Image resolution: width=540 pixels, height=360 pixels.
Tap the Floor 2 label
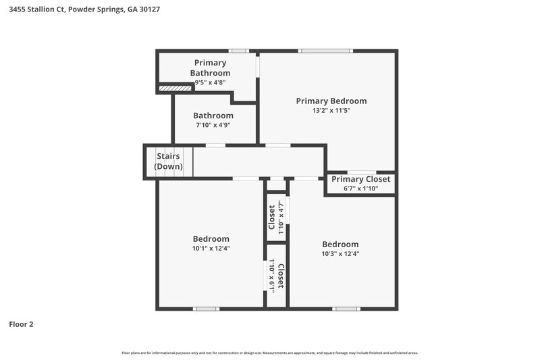(21, 324)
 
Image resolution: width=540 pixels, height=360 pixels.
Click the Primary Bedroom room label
(331, 101)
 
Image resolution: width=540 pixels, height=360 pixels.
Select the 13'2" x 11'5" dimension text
(331, 110)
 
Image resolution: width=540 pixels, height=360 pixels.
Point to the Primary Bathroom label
(210, 68)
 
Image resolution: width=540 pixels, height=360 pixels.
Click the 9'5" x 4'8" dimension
(210, 82)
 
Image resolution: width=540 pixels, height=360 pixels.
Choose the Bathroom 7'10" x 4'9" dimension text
(213, 125)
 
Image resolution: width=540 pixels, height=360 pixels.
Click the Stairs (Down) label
(168, 161)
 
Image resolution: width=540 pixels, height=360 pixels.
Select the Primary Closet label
(360, 179)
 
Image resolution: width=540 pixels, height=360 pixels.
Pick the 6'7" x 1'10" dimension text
(360, 188)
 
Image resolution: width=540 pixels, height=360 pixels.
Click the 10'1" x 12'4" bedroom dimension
(211, 248)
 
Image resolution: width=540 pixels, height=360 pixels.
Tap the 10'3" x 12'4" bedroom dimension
(340, 254)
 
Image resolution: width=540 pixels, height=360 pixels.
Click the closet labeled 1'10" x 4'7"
(275, 217)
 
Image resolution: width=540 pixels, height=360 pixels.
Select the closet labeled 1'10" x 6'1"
(276, 276)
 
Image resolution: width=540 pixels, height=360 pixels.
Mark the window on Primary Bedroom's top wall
(325, 51)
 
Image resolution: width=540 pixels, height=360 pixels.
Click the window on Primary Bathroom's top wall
(238, 51)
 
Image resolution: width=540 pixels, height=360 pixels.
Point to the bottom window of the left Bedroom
(206, 309)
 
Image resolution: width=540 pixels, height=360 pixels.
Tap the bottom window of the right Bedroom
(346, 309)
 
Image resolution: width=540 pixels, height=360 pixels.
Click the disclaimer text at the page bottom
(270, 353)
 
